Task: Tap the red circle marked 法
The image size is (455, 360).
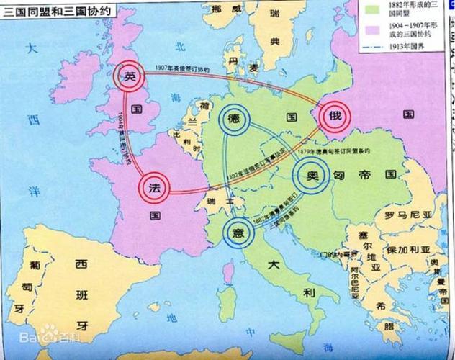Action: click(x=153, y=186)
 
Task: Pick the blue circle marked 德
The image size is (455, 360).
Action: click(x=233, y=117)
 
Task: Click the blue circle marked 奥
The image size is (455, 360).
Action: click(x=310, y=176)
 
